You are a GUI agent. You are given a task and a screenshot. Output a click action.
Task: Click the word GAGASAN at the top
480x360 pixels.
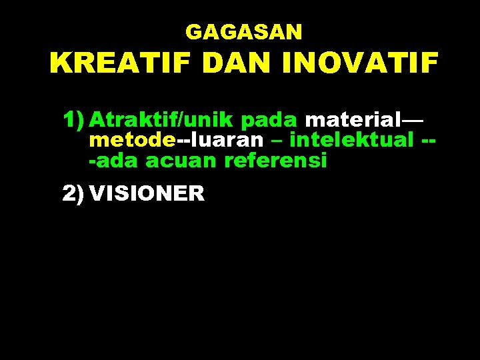(x=243, y=31)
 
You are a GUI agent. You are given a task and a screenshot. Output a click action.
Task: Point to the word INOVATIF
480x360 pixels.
(x=360, y=65)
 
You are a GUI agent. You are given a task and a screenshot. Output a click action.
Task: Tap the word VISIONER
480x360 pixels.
(x=147, y=193)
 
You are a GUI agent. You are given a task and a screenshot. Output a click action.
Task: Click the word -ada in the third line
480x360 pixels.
(x=114, y=161)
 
